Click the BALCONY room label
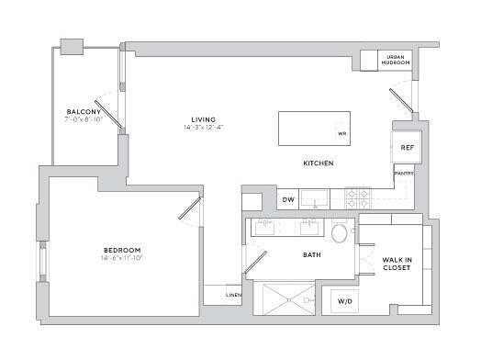(x=82, y=112)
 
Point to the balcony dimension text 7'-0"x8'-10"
(x=83, y=119)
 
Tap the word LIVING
(x=203, y=119)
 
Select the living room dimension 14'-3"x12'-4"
(x=203, y=128)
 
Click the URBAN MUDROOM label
(x=397, y=60)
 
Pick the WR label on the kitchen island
(x=341, y=133)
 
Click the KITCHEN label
(x=319, y=163)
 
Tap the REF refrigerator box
(x=406, y=147)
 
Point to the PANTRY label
(x=403, y=172)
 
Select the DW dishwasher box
(x=287, y=199)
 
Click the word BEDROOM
(x=121, y=251)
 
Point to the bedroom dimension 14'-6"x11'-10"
(x=121, y=258)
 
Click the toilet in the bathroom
(x=340, y=232)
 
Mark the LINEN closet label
(x=233, y=295)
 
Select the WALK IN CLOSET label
(x=397, y=264)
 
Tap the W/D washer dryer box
(x=343, y=300)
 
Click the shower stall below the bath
(x=289, y=299)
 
